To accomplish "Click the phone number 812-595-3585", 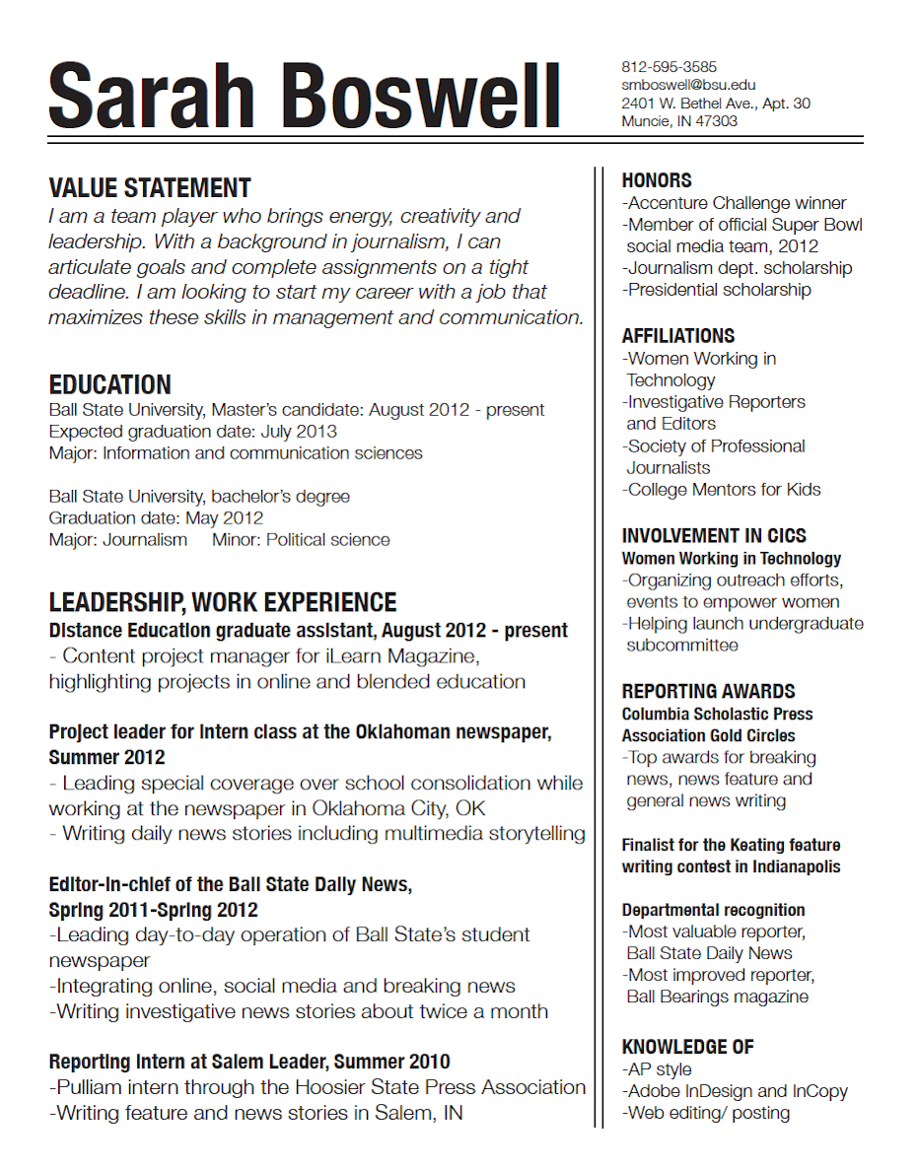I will (669, 67).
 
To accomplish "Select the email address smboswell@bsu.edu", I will (688, 85).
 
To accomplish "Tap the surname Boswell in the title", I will (423, 96).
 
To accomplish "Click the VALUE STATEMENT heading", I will (150, 188).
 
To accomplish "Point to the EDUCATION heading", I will (109, 384).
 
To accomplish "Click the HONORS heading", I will (657, 180).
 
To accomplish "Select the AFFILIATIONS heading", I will (678, 336).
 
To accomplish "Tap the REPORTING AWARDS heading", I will (708, 691).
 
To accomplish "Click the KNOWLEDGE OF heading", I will (687, 1047).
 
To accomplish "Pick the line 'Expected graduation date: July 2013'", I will (192, 432).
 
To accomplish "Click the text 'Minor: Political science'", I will (301, 540).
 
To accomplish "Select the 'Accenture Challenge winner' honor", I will (735, 203).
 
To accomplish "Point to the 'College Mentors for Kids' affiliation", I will (721, 490).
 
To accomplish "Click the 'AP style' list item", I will (657, 1069).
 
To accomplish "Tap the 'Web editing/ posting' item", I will (706, 1113).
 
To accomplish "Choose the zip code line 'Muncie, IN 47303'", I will (679, 121).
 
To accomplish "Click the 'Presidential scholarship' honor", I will (717, 290).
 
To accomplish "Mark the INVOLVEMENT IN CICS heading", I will (714, 536).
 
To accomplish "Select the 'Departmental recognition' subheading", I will (713, 910).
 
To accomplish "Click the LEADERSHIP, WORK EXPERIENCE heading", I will (223, 602).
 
